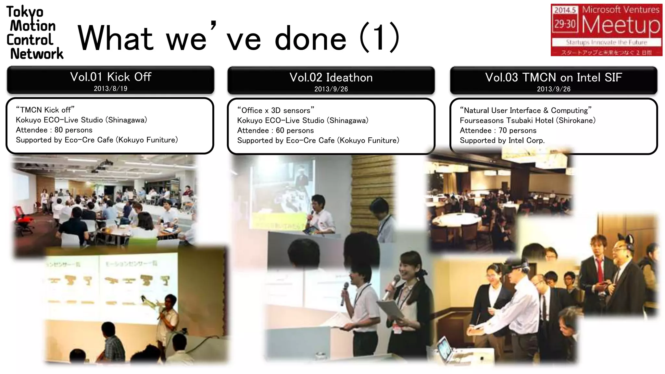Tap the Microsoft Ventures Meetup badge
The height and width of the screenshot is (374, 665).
[x=606, y=30]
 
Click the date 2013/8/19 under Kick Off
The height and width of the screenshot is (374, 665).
[x=110, y=89]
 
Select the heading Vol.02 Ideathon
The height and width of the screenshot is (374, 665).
[x=331, y=78]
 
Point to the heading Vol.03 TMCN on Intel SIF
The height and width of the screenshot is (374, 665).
[x=553, y=78]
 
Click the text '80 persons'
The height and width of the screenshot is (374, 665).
[x=73, y=130]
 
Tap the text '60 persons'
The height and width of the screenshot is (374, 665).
[x=295, y=131]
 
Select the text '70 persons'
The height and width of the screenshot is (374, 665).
[x=517, y=131]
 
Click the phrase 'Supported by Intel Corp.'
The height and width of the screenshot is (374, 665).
[x=502, y=141]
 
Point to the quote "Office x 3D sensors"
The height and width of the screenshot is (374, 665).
[x=276, y=110]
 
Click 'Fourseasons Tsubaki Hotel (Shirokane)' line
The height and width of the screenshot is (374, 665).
[x=527, y=121]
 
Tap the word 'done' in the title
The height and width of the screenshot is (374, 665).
[x=310, y=39]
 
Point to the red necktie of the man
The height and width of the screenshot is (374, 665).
[x=600, y=269]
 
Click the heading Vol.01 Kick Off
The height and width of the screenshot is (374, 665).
[x=110, y=77]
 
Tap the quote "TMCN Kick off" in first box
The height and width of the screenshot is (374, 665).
[x=45, y=110]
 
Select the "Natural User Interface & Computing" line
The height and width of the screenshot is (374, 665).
[x=525, y=111]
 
